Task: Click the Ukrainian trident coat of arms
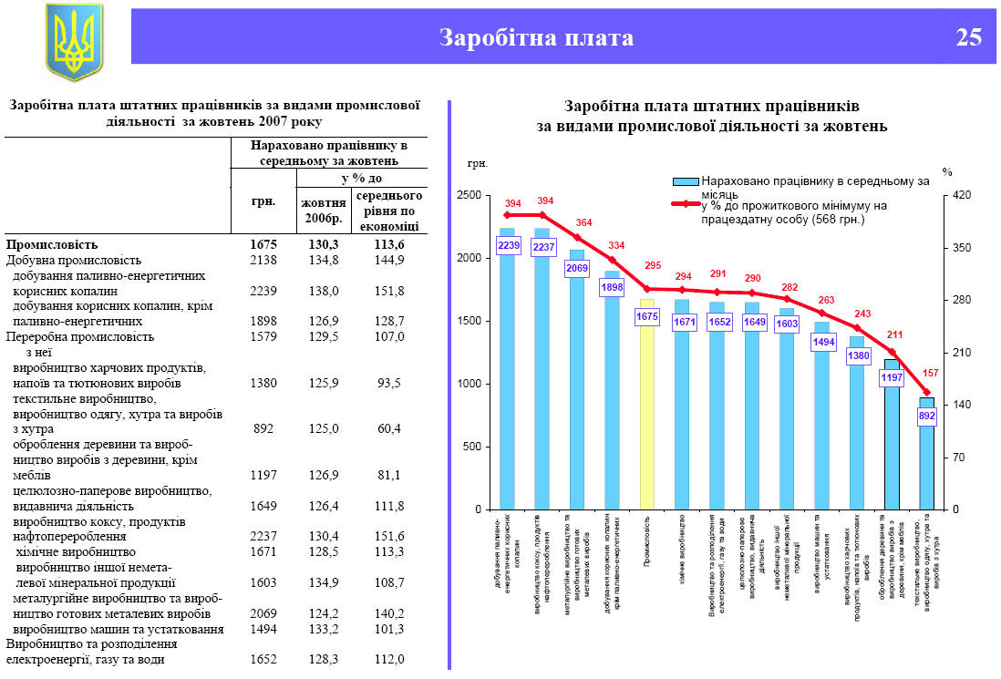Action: pyautogui.click(x=75, y=41)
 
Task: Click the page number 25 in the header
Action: pyautogui.click(x=969, y=37)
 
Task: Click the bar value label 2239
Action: pyautogui.click(x=509, y=245)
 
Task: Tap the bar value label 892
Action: pyautogui.click(x=927, y=416)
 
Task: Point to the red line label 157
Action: pyautogui.click(x=931, y=374)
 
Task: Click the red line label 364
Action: pyautogui.click(x=583, y=222)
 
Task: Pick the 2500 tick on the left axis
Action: pyautogui.click(x=469, y=196)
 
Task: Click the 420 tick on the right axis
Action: pyautogui.click(x=963, y=196)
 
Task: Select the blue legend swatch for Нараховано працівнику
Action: pyautogui.click(x=686, y=182)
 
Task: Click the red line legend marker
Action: pyautogui.click(x=686, y=204)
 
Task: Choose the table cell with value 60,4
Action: pyautogui.click(x=389, y=428)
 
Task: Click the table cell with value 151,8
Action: pyautogui.click(x=389, y=291)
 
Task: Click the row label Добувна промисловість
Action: pyautogui.click(x=74, y=260)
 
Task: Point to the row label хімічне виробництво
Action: pyautogui.click(x=75, y=552)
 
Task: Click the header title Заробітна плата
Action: pyautogui.click(x=536, y=37)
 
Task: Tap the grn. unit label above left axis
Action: pyautogui.click(x=478, y=164)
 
